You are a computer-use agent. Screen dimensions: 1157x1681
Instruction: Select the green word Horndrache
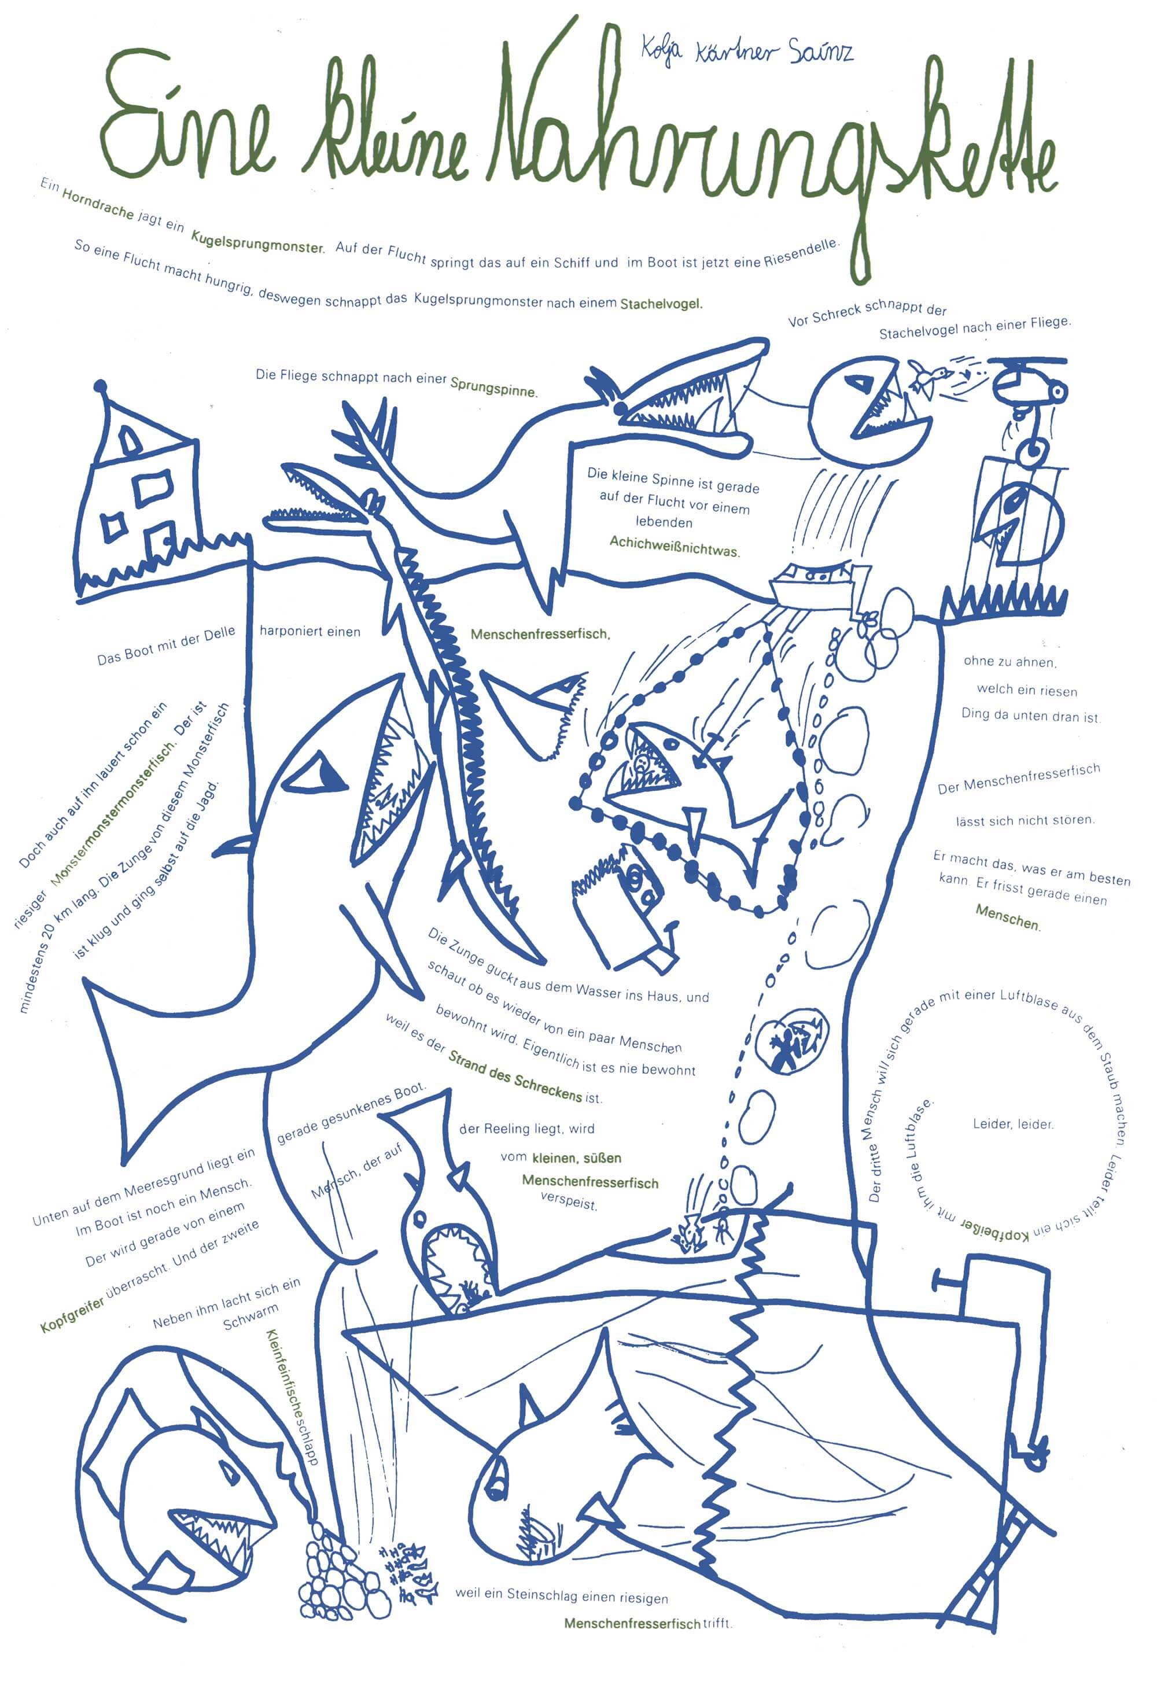point(98,204)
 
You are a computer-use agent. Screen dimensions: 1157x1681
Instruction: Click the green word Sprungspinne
point(493,386)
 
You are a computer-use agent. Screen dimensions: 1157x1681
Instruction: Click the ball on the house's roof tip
point(101,386)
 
